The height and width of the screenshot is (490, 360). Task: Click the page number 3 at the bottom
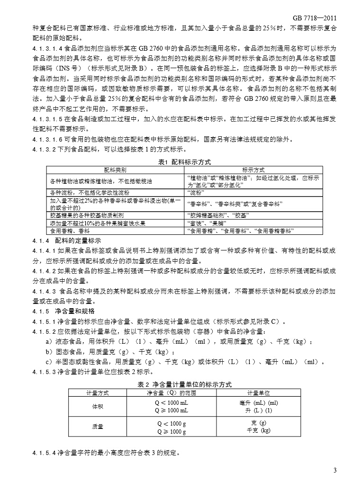[x=335, y=470]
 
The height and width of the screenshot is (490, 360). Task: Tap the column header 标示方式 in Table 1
[x=253, y=169]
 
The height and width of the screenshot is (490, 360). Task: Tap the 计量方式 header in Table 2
[x=98, y=392]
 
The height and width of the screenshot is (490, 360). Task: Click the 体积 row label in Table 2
[x=98, y=406]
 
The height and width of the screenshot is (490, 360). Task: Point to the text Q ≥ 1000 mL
[x=171, y=410]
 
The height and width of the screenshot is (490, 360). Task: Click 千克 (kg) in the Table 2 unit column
[x=259, y=430]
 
